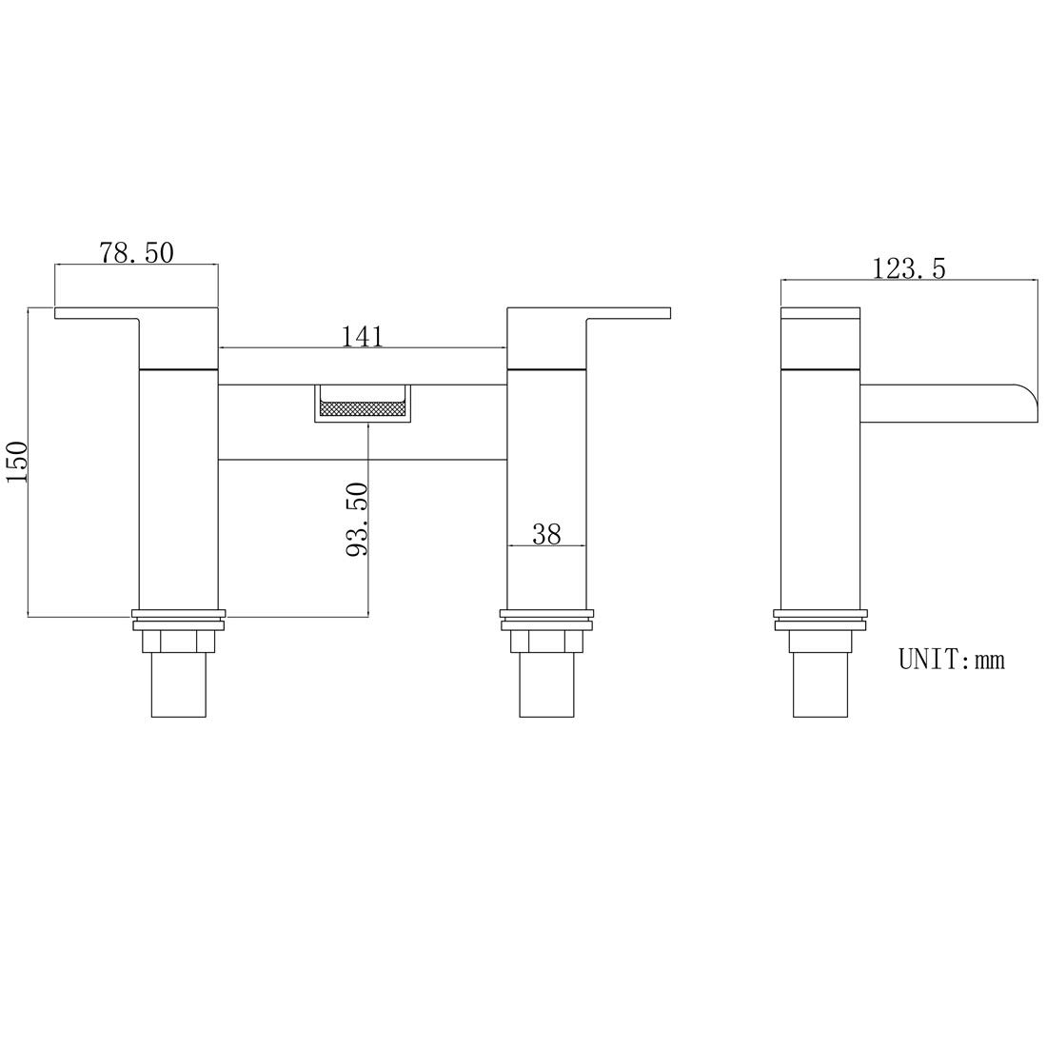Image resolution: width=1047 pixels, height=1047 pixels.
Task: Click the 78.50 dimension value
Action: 136,252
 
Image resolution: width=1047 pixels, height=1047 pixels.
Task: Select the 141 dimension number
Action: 363,336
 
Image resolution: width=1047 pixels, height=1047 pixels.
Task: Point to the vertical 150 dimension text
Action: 16,462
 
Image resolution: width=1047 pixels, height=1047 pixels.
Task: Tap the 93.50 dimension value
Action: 357,519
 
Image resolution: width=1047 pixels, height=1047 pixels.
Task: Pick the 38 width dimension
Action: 546,534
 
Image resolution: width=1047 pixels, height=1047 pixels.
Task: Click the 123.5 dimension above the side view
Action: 909,267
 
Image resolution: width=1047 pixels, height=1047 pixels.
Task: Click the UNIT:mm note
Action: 951,660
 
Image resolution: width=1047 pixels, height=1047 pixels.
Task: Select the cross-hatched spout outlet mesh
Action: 364,406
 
